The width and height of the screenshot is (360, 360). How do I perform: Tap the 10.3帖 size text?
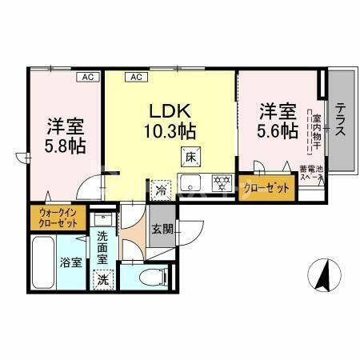tap(170, 130)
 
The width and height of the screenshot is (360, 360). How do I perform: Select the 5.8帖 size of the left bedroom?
tap(66, 146)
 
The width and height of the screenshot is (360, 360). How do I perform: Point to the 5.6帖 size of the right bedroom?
tap(277, 130)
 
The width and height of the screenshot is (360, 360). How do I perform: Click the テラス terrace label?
tap(340, 120)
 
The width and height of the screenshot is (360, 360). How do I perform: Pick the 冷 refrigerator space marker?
tap(162, 191)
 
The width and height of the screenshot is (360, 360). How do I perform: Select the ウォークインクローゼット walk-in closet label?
tap(55, 218)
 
